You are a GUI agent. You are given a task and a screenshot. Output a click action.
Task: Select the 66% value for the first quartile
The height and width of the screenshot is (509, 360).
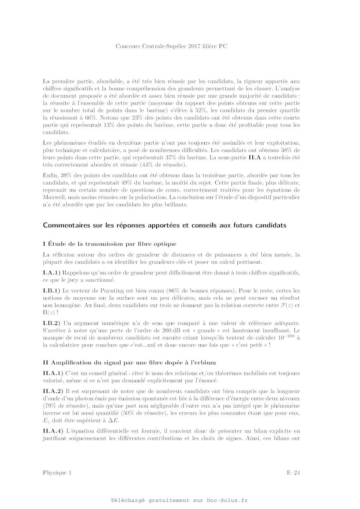[90, 118]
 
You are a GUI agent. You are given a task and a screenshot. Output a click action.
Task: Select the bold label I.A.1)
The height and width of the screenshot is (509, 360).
[51, 273]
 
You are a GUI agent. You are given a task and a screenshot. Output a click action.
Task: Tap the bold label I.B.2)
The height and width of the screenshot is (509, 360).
[51, 323]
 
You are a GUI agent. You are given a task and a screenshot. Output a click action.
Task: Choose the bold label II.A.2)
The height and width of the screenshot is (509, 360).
[53, 391]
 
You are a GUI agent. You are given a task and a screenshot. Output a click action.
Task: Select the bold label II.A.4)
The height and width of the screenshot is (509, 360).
[53, 431]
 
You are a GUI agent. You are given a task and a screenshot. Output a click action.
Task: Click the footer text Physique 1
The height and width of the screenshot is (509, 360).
[57, 473]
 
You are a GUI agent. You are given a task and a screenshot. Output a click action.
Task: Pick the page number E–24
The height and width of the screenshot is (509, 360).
[294, 473]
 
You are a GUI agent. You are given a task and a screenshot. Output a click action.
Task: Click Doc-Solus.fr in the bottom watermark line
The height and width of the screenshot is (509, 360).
[227, 500]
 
